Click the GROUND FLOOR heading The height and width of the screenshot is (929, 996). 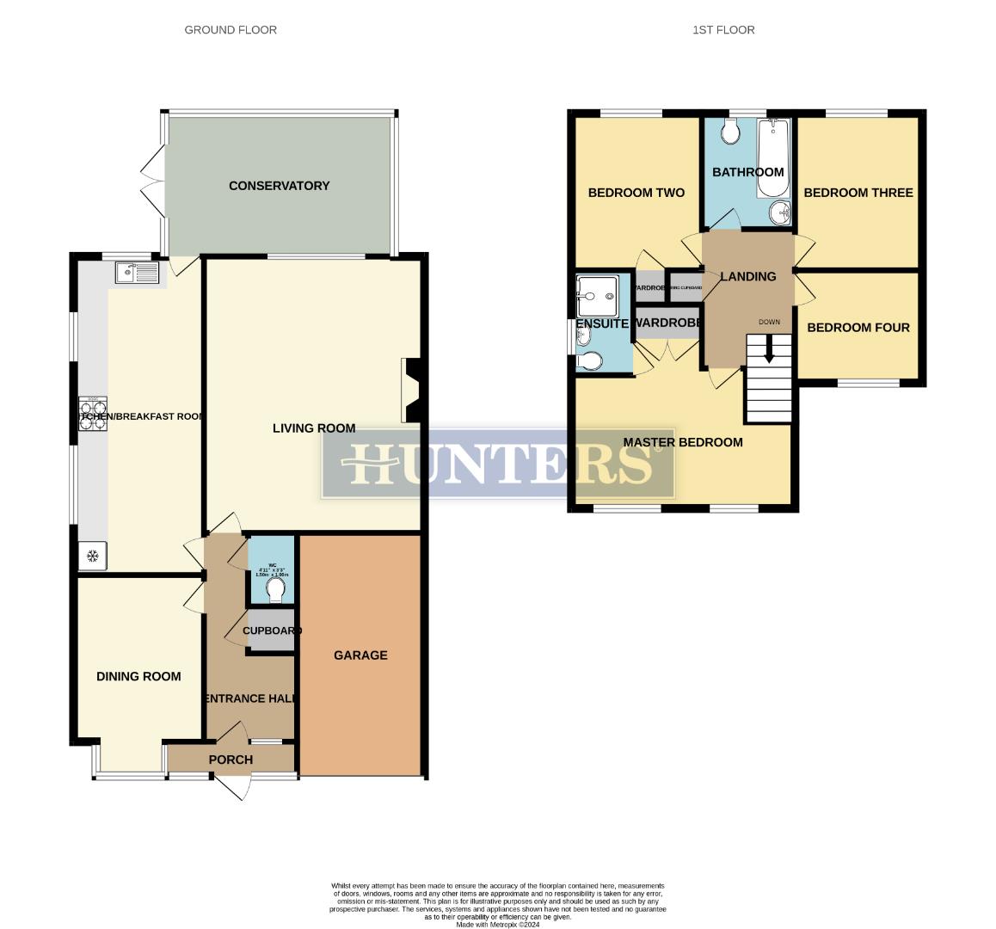pyautogui.click(x=231, y=30)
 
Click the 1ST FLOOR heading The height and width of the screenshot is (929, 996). pyautogui.click(x=723, y=30)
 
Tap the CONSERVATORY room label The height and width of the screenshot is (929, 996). pyautogui.click(x=279, y=186)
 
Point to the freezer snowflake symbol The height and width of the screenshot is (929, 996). pyautogui.click(x=92, y=557)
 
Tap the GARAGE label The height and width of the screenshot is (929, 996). pyautogui.click(x=360, y=655)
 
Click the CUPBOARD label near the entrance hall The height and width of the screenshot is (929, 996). pyautogui.click(x=272, y=631)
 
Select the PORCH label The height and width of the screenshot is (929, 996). pyautogui.click(x=231, y=760)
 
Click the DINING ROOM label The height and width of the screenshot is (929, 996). pyautogui.click(x=138, y=677)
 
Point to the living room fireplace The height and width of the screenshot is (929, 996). pyautogui.click(x=410, y=391)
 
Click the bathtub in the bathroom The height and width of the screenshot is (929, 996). pyautogui.click(x=772, y=157)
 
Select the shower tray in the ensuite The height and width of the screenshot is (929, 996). pyautogui.click(x=595, y=297)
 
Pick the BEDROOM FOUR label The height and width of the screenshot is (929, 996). pyautogui.click(x=858, y=328)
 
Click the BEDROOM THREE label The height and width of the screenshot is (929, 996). pyautogui.click(x=858, y=193)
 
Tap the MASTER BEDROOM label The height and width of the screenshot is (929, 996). pyautogui.click(x=682, y=443)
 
